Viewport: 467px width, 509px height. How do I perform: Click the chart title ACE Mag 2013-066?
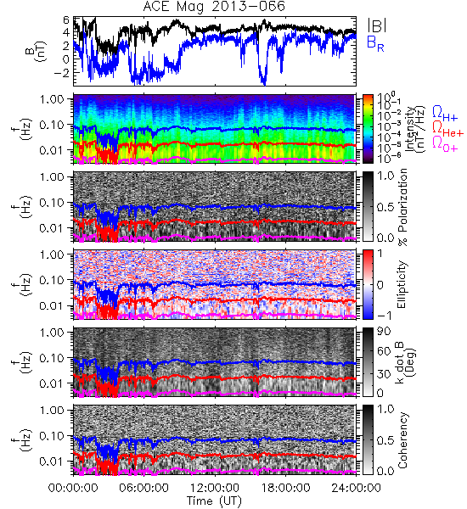214,7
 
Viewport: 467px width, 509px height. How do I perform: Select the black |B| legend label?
377,25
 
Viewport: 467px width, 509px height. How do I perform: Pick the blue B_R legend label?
375,43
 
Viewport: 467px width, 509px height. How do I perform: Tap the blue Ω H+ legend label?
445,114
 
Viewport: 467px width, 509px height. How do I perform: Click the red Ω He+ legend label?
447,128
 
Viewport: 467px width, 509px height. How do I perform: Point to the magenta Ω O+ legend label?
445,143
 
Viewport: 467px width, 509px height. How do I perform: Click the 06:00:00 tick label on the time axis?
144,488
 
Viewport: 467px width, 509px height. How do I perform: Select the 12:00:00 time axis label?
215,488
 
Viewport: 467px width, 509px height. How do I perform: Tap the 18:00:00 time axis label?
285,488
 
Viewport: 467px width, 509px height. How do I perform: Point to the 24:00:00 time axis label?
356,488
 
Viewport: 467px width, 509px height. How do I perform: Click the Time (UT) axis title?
214,501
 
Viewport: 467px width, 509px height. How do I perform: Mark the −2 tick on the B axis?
61,72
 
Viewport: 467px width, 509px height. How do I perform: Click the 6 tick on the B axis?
66,20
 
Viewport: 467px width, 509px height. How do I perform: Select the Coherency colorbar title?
402,440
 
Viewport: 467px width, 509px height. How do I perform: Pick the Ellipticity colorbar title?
402,284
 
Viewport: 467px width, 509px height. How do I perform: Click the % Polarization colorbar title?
402,207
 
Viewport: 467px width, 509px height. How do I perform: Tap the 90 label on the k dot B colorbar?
384,331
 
